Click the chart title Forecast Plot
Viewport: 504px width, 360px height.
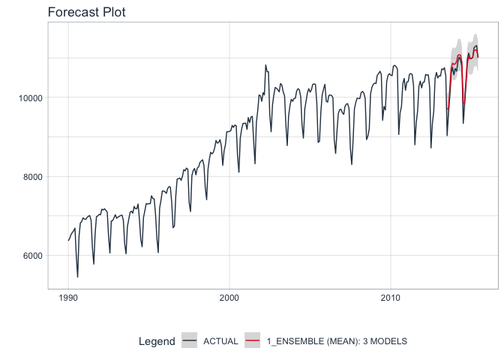tap(86, 12)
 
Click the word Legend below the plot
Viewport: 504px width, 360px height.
tap(157, 341)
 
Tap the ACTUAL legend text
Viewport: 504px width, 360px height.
tap(220, 341)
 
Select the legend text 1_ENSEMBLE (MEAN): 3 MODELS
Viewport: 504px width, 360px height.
tap(337, 341)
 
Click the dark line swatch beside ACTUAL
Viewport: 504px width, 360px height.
tap(190, 341)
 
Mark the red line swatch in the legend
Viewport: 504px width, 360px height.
tap(253, 341)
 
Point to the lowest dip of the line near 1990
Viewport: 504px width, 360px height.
tap(77, 277)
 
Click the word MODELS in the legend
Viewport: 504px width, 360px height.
tap(390, 341)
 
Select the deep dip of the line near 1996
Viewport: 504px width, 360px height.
tap(158, 252)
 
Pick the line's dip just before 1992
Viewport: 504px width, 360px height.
tap(94, 263)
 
